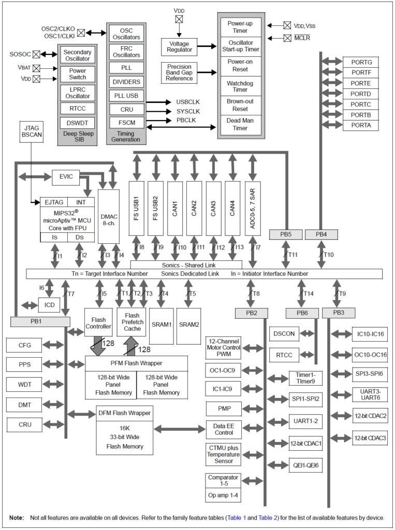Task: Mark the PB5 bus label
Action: pos(285,234)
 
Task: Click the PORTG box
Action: pos(361,62)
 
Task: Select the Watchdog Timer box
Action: pos(240,86)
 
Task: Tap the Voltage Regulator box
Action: pos(179,47)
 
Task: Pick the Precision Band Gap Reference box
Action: pos(179,72)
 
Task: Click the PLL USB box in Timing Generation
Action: pos(126,95)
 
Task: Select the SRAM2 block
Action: pos(189,325)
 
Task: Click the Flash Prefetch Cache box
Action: pos(131,321)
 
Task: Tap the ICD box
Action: pos(49,305)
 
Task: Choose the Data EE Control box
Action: pos(224,429)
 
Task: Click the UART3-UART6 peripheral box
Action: pos(370,394)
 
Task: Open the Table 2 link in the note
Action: pos(266,518)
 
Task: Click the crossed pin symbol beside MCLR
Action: pos(287,38)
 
